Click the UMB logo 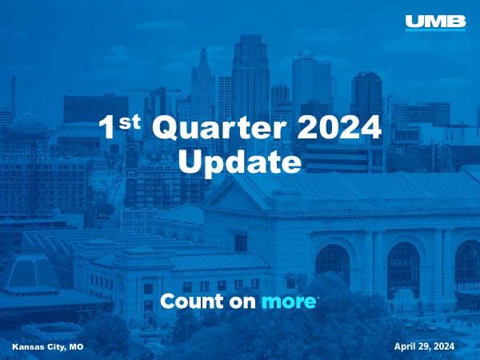[435, 22]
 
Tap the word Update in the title [238, 162]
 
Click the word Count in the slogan [189, 302]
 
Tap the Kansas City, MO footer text [48, 346]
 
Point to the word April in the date [407, 346]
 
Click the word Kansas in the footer [27, 346]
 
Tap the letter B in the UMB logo [456, 22]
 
